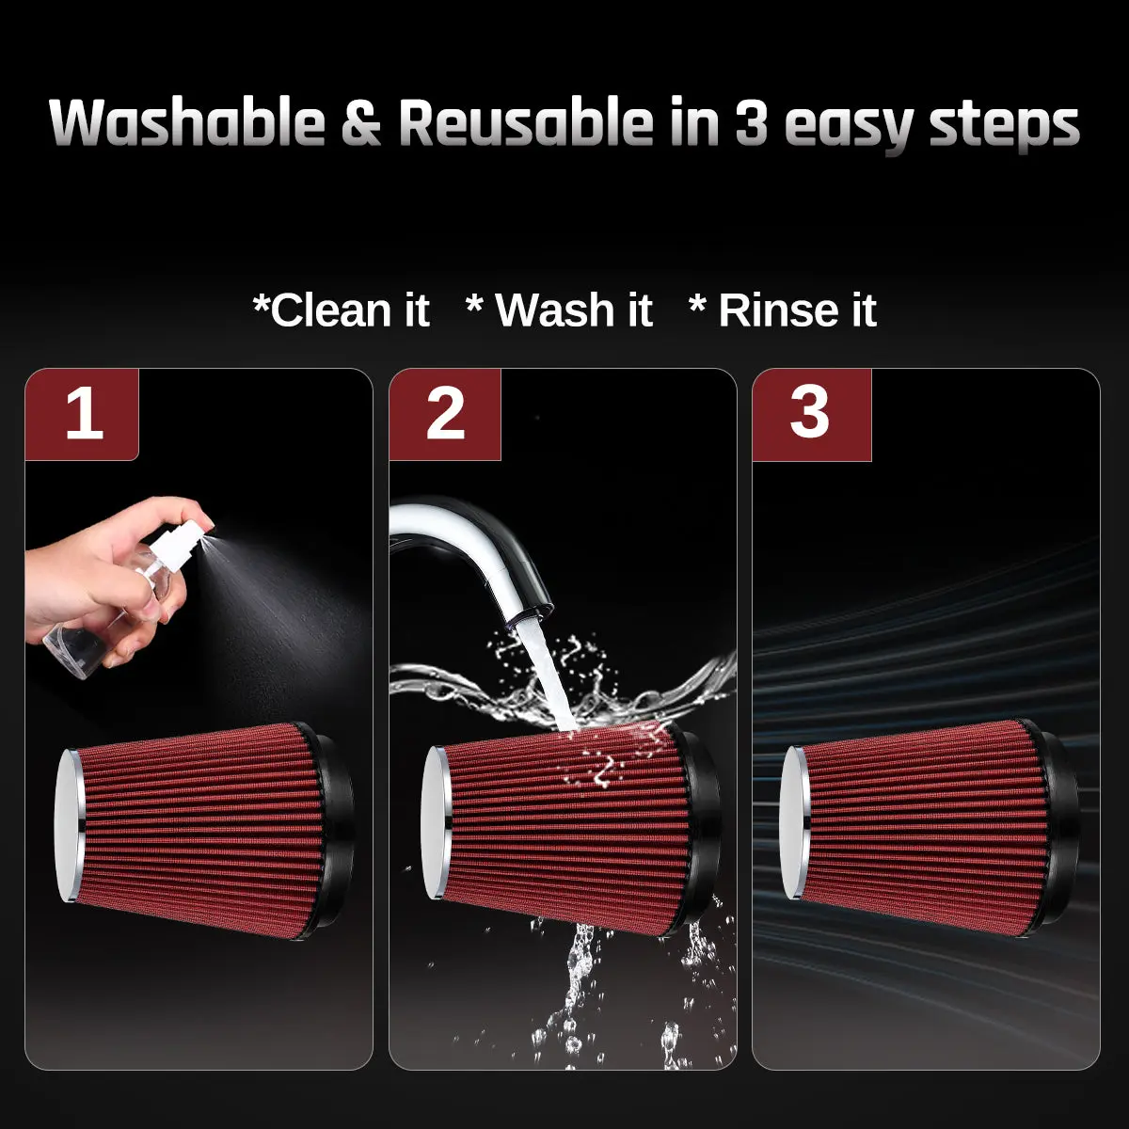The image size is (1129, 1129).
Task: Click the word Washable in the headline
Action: coord(187,122)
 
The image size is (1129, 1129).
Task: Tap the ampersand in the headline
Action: coord(361,123)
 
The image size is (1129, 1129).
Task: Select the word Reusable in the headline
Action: coord(526,122)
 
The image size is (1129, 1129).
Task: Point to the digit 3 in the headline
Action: coord(751,123)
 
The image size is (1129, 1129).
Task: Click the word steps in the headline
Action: coord(1004,127)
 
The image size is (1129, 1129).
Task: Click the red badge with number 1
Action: coord(82,414)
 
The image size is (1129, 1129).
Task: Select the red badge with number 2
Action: coord(445,414)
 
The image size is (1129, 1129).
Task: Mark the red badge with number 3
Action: coord(811,414)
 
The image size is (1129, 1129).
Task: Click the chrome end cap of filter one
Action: coord(69,826)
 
